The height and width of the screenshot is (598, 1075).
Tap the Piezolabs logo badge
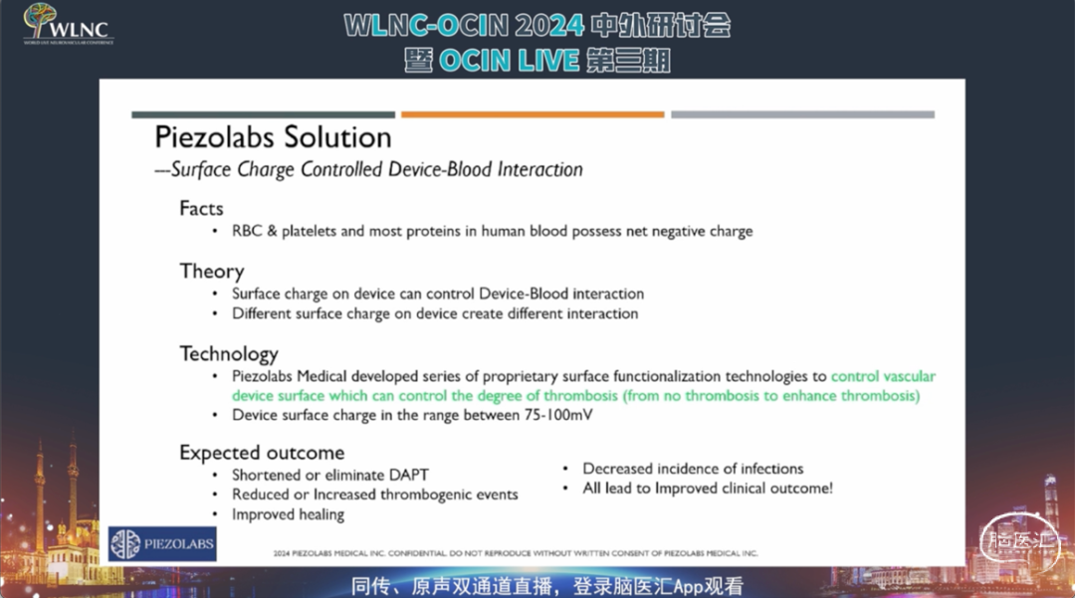tap(162, 544)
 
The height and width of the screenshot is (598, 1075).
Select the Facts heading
tap(201, 208)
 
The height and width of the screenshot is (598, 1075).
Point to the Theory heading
tap(212, 272)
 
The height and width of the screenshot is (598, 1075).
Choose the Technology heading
tap(229, 354)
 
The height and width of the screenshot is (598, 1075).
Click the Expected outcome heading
tap(262, 453)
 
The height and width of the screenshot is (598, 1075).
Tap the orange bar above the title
tap(533, 114)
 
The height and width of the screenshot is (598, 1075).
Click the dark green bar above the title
tap(263, 114)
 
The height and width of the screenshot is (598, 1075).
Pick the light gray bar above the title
tap(803, 114)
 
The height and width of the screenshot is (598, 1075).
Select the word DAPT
tap(409, 475)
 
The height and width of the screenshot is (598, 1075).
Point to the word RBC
tap(247, 231)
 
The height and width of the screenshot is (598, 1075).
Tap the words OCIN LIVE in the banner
tap(509, 61)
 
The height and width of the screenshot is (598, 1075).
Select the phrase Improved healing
tap(288, 514)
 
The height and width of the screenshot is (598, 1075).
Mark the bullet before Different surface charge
tap(215, 313)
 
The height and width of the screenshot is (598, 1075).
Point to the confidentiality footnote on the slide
tap(516, 553)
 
